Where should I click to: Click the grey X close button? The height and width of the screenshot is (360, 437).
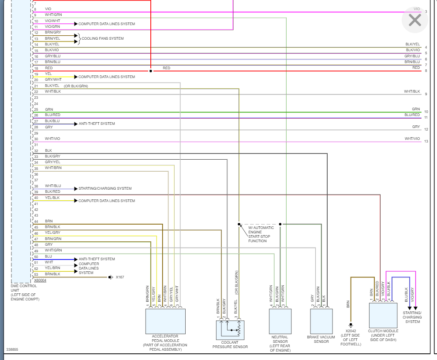tap(415, 20)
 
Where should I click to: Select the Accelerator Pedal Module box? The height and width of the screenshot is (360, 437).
tap(165, 321)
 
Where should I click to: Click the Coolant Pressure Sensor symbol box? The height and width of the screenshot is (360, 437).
tap(230, 330)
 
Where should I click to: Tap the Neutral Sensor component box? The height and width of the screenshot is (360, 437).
tap(280, 321)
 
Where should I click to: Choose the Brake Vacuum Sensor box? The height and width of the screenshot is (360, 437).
tap(321, 321)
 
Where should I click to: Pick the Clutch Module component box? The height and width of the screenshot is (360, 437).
tap(383, 315)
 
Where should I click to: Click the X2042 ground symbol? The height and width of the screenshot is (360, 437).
tap(351, 325)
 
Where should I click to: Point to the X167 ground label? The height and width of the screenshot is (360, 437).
tap(120, 277)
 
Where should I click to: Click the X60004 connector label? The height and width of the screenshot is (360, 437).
tap(40, 280)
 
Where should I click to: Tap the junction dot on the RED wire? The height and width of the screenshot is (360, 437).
tap(151, 71)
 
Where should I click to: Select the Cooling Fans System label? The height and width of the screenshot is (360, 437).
tap(103, 38)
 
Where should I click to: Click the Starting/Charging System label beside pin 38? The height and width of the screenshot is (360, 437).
tap(105, 188)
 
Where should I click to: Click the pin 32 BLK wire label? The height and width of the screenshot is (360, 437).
tap(49, 150)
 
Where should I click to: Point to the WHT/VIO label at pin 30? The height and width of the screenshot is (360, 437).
tap(52, 139)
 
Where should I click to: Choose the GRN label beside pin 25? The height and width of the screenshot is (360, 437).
tap(49, 109)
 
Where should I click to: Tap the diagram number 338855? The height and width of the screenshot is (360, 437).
tap(12, 349)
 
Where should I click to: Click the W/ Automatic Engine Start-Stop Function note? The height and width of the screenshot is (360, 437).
tap(261, 234)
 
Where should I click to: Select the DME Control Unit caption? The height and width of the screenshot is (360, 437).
tap(25, 292)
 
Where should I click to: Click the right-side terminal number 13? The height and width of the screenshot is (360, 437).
tap(426, 141)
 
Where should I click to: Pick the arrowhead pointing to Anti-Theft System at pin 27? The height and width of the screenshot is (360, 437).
tap(76, 124)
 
